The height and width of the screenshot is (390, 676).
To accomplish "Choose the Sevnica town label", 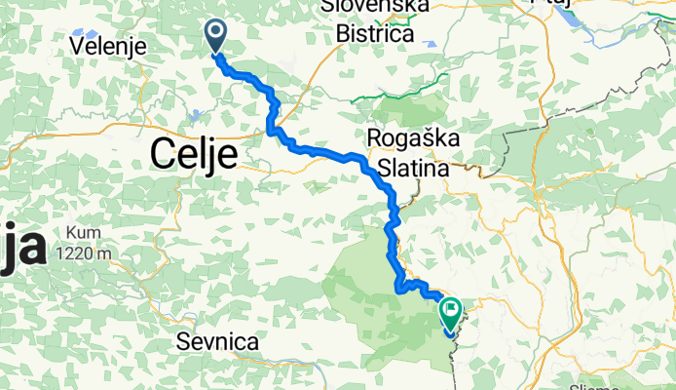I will pyautogui.click(x=218, y=342).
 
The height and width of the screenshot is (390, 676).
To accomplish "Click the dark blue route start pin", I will pyautogui.click(x=214, y=37).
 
